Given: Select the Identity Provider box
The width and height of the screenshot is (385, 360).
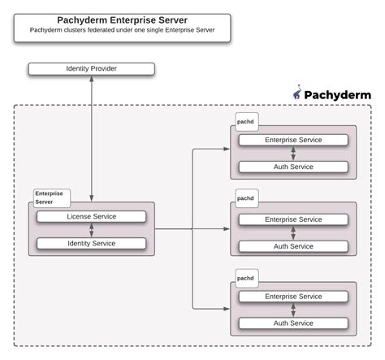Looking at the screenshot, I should pyautogui.click(x=91, y=68).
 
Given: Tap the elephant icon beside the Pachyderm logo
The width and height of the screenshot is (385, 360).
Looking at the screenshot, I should pyautogui.click(x=297, y=94).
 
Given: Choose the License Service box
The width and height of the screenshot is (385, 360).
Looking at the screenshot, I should pyautogui.click(x=90, y=216).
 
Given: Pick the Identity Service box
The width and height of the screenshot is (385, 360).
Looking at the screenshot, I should pyautogui.click(x=90, y=243).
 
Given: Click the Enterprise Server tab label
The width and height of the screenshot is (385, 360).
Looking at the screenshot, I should pyautogui.click(x=50, y=197).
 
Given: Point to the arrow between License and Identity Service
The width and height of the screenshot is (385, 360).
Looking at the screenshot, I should pyautogui.click(x=90, y=230).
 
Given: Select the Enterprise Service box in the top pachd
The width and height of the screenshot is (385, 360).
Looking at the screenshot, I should pyautogui.click(x=293, y=140).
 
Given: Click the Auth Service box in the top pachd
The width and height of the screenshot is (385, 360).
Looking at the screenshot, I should pyautogui.click(x=293, y=167).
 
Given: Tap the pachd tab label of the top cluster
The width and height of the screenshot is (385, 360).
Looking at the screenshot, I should pyautogui.click(x=245, y=120).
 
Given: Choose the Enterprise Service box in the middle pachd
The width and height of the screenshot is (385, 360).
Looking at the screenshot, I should pyautogui.click(x=293, y=219).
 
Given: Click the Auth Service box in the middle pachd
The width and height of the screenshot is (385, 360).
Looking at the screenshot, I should pyautogui.click(x=293, y=246).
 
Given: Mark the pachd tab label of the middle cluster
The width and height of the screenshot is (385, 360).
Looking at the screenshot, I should pyautogui.click(x=245, y=198).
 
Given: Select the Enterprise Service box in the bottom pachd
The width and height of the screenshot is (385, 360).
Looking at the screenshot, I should pyautogui.click(x=293, y=297).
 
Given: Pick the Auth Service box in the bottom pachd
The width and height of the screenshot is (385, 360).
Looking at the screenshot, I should pyautogui.click(x=293, y=323).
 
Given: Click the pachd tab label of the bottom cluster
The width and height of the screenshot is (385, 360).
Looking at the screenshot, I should pyautogui.click(x=245, y=278).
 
